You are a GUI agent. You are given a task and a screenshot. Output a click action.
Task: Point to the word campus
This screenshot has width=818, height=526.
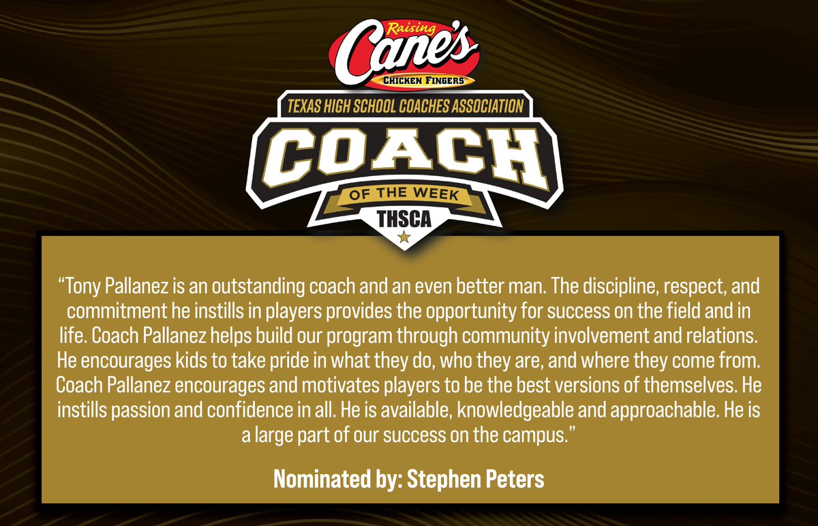(535, 437)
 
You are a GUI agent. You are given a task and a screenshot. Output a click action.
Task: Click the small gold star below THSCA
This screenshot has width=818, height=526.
(404, 237)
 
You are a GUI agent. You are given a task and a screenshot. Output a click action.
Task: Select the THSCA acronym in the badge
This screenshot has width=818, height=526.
(404, 218)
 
